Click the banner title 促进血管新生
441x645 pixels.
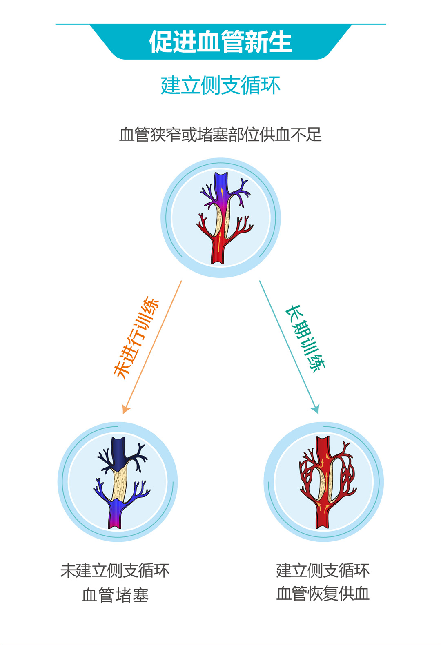pyautogui.click(x=220, y=42)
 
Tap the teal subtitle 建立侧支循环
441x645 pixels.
pyautogui.click(x=220, y=86)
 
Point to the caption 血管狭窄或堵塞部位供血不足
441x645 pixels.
pyautogui.click(x=220, y=135)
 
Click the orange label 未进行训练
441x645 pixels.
pyautogui.click(x=136, y=337)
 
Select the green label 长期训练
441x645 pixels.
pyautogui.click(x=305, y=338)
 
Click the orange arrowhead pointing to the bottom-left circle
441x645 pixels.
pyautogui.click(x=125, y=409)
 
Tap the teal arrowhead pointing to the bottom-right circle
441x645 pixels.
pyautogui.click(x=316, y=409)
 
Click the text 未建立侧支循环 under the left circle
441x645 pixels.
pyautogui.click(x=115, y=570)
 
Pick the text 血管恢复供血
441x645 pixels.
pyautogui.click(x=323, y=594)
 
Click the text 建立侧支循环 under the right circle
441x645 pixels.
pyautogui.click(x=323, y=570)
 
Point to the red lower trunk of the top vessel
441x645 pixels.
pyautogui.click(x=218, y=249)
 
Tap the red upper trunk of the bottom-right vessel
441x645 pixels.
pyautogui.click(x=323, y=449)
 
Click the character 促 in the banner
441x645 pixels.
pyautogui.click(x=161, y=42)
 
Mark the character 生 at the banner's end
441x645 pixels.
pyautogui.click(x=280, y=42)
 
